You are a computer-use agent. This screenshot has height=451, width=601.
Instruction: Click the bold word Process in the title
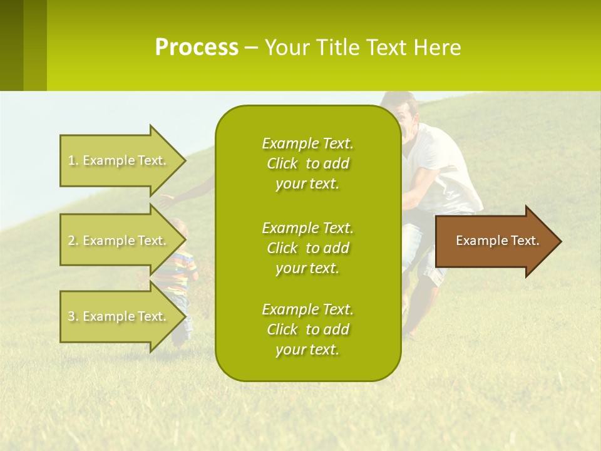coord(197,48)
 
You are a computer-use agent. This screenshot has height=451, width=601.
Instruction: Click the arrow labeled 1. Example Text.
coord(123,160)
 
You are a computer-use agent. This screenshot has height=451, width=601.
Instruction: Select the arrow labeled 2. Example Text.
coord(123,240)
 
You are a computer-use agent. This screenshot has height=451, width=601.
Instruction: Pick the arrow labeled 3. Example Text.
coord(123,316)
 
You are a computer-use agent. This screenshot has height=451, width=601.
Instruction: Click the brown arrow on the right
coord(498,241)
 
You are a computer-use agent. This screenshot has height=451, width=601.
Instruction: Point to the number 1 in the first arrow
coord(71,160)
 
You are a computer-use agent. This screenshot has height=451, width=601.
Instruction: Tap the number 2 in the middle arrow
coord(71,241)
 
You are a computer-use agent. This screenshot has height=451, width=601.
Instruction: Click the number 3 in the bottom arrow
coord(71,316)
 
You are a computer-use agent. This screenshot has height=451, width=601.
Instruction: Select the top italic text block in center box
coord(308,163)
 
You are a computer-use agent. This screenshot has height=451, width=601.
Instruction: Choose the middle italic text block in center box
coord(308,248)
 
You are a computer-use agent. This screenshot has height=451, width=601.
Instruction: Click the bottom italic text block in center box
coord(308,329)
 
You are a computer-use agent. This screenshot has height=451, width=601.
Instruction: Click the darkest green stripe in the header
coord(11,45)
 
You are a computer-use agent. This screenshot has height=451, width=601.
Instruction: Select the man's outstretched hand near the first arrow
coord(167,201)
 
